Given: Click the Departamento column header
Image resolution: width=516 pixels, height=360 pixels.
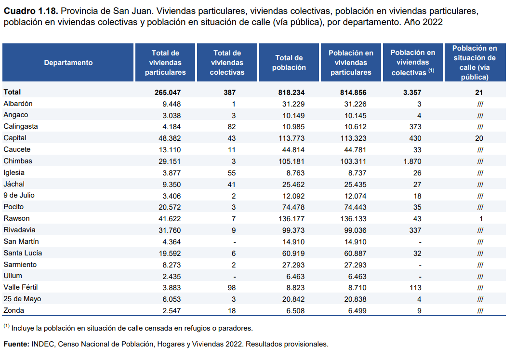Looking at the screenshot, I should (68, 63).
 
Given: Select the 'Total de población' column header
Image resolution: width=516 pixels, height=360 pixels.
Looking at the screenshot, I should (289, 63).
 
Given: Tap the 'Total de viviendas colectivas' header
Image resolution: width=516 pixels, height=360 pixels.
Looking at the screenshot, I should (227, 63).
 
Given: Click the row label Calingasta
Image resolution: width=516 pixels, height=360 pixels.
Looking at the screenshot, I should (21, 126).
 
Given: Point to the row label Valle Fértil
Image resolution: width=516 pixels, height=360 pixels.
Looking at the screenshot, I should (21, 287).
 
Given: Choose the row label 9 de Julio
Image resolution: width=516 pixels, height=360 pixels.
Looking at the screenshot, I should (19, 195).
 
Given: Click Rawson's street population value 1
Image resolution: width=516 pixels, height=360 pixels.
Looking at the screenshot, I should (480, 218).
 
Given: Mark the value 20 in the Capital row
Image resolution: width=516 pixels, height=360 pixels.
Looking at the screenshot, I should (478, 138).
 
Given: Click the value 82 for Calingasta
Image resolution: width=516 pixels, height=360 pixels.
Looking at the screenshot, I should (232, 126).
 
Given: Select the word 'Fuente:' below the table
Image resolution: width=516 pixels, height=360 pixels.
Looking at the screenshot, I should (16, 344).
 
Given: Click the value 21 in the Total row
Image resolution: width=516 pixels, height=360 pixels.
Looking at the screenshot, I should (478, 92).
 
